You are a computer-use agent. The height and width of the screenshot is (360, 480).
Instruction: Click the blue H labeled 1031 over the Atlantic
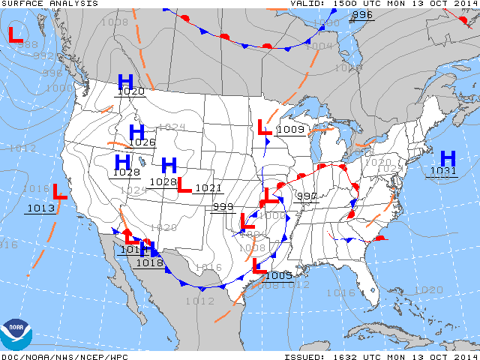click(448, 158)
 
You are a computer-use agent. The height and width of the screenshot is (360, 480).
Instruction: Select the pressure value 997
click(306, 196)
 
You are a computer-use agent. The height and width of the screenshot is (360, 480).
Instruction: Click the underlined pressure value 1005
click(279, 276)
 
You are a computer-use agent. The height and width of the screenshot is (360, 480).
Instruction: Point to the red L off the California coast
click(60, 192)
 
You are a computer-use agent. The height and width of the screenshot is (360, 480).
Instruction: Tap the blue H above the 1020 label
click(125, 81)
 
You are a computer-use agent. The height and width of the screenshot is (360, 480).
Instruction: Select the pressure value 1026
click(142, 142)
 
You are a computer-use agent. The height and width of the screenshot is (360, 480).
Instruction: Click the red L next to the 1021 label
click(184, 184)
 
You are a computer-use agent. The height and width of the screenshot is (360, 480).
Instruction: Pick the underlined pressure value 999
click(223, 207)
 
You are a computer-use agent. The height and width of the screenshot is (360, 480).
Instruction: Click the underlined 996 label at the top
click(362, 15)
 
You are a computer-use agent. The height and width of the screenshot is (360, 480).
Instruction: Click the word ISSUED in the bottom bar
click(304, 356)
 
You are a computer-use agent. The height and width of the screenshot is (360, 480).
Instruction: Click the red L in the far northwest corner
click(15, 34)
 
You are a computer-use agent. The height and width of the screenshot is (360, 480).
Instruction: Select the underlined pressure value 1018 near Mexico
click(150, 262)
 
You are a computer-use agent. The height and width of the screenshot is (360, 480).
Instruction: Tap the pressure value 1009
click(290, 129)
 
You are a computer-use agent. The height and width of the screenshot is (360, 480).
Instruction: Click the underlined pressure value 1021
click(208, 188)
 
